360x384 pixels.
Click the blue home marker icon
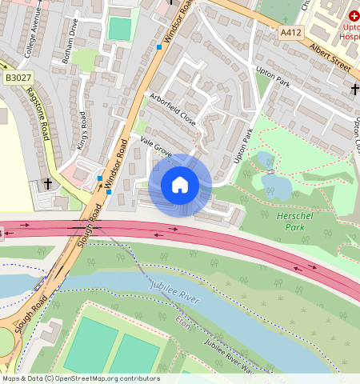[180, 185]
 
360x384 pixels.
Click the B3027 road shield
[17, 78]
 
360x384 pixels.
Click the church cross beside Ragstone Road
[48, 184]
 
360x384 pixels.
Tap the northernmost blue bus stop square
[159, 47]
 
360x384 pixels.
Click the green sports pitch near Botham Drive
[119, 29]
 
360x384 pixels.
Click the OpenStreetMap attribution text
[80, 378]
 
